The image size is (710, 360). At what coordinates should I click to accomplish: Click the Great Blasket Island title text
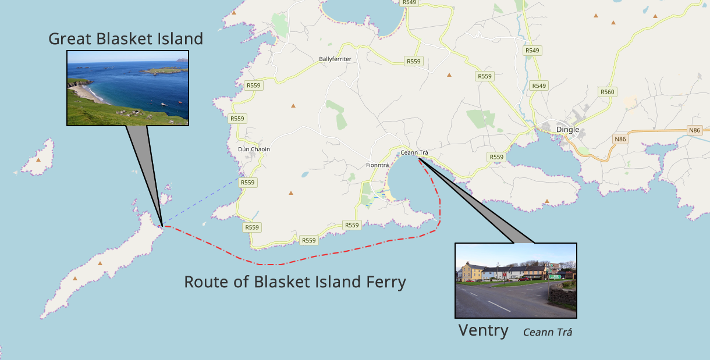point(125,39)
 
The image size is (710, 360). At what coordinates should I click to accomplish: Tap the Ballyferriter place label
point(335,59)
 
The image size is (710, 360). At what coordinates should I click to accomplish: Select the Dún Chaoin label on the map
point(254,149)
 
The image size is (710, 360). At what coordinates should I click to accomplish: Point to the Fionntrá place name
point(377,165)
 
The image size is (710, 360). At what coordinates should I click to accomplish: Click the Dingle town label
point(567,130)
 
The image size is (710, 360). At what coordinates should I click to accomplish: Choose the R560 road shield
point(608,92)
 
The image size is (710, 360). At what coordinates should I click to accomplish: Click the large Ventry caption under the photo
point(483,330)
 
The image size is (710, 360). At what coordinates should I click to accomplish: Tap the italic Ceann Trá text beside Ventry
point(547,333)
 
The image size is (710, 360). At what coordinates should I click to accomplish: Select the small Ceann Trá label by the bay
point(414,152)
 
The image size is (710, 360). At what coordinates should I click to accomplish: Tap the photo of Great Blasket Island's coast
point(127,87)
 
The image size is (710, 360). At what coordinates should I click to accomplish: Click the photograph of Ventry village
point(515,280)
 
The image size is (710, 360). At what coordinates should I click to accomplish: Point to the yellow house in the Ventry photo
point(472,272)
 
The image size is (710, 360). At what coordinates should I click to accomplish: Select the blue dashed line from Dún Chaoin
point(204,201)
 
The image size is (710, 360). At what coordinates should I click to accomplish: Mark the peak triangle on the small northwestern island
point(38,159)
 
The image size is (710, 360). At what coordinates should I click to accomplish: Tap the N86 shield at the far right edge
point(694,130)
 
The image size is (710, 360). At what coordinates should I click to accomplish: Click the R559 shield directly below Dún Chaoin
point(248,183)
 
